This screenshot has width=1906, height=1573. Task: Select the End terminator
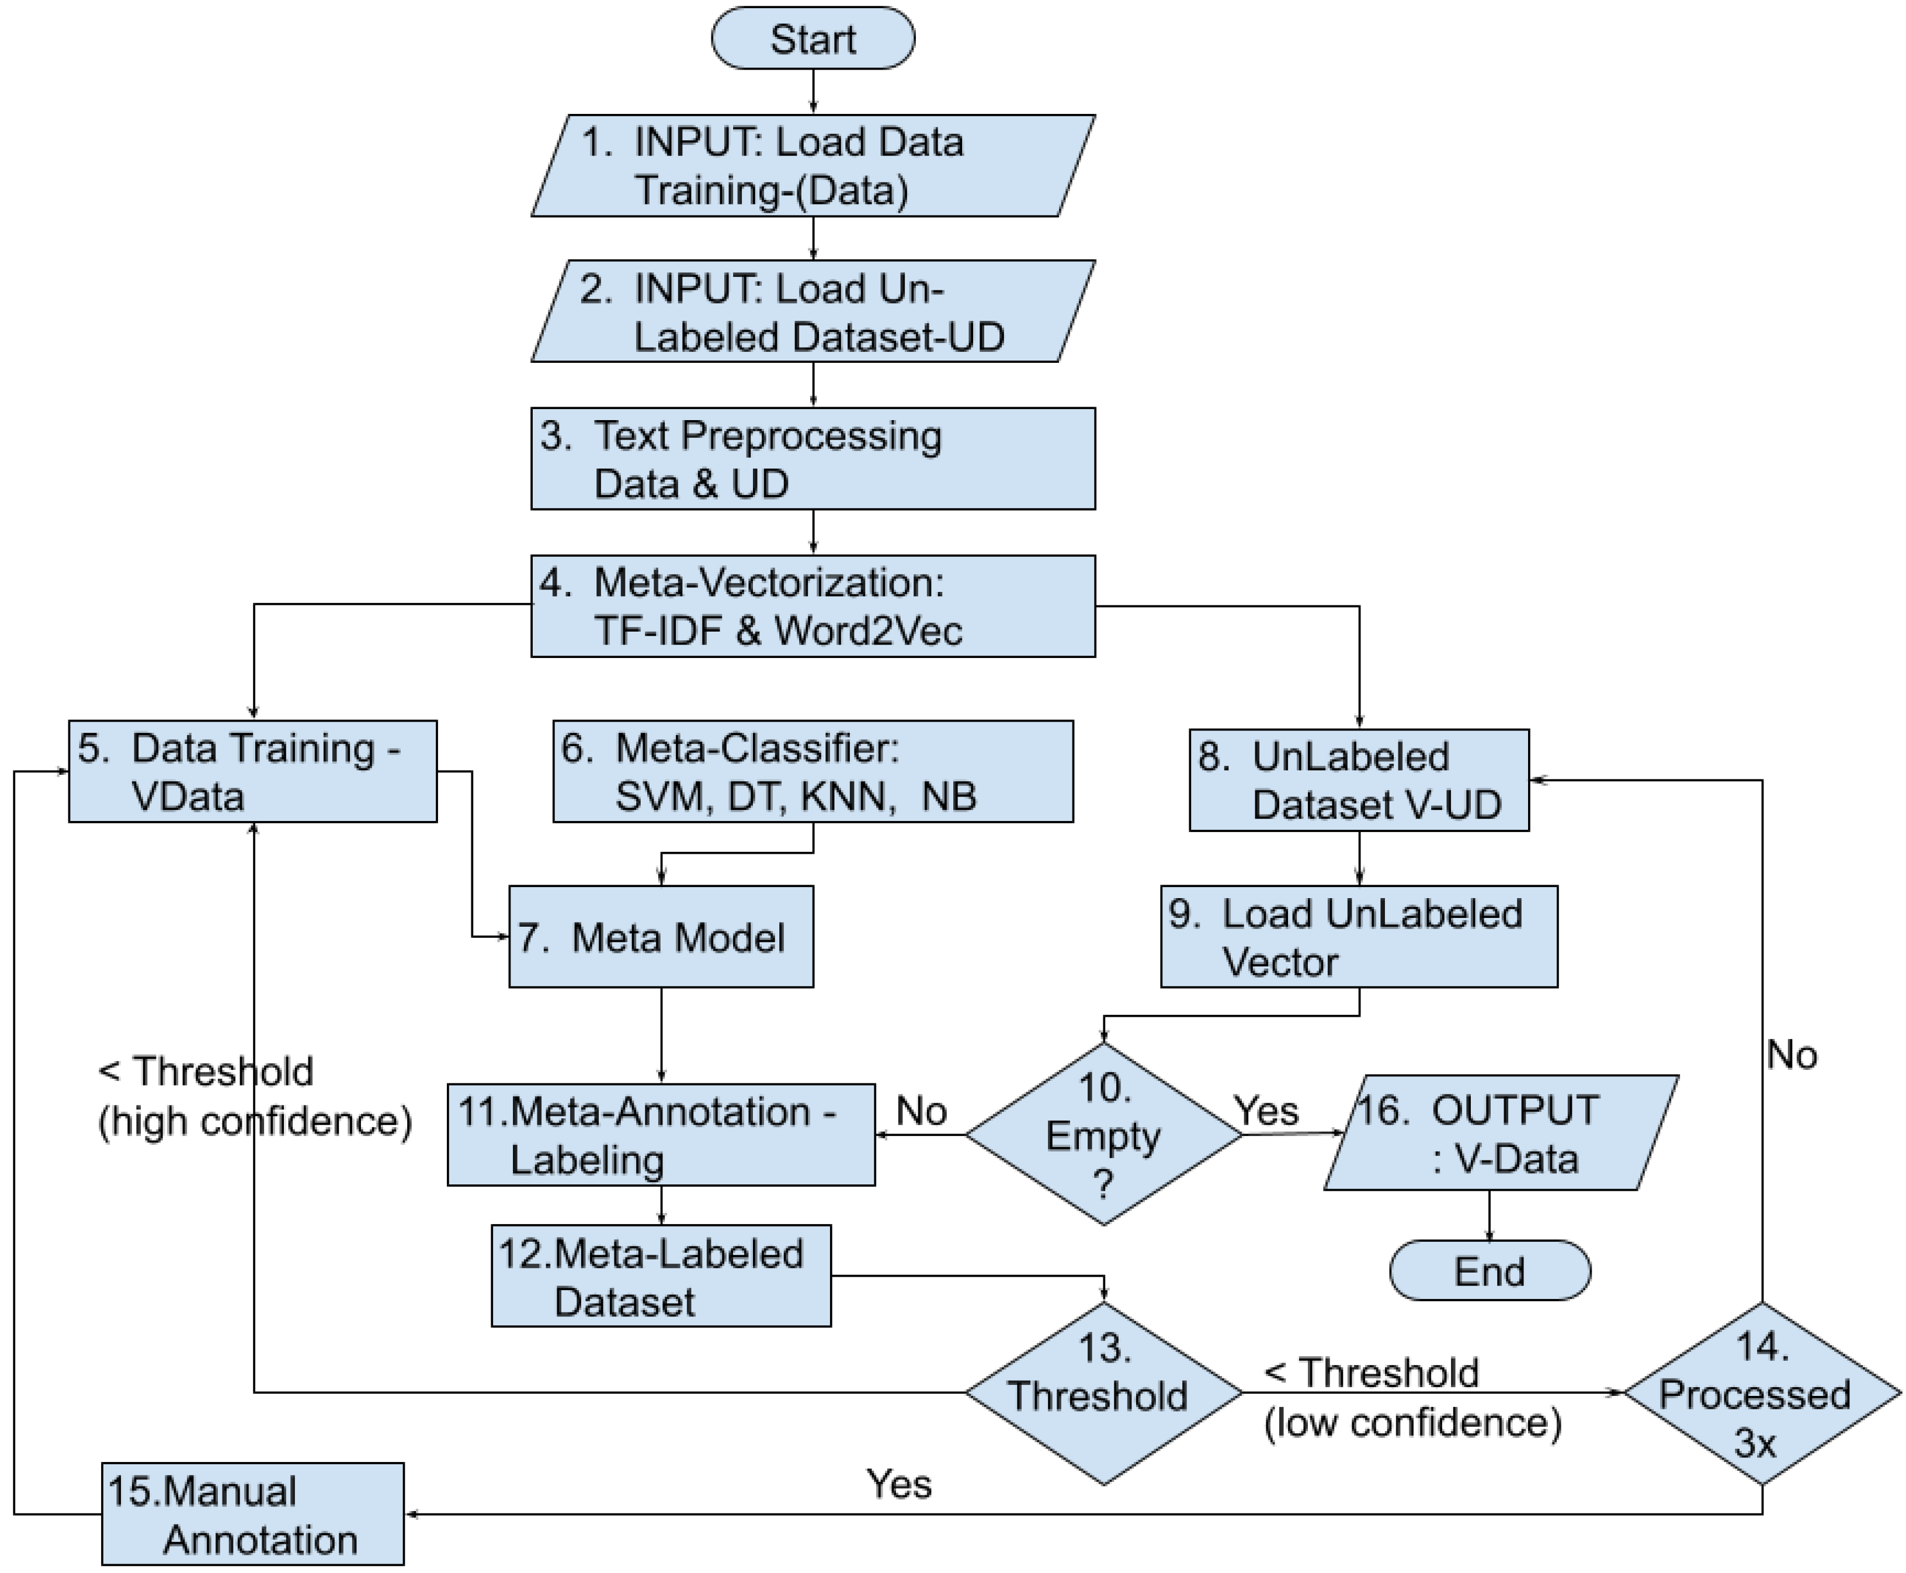pyautogui.click(x=1490, y=1271)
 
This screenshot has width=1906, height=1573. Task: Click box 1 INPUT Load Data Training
pyautogui.click(x=813, y=166)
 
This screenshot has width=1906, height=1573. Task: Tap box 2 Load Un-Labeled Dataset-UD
pyautogui.click(x=813, y=311)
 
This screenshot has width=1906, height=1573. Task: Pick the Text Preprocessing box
pyautogui.click(x=813, y=459)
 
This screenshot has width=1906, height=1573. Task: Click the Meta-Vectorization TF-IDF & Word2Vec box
pyautogui.click(x=813, y=606)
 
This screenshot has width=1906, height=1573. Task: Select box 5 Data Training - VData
pyautogui.click(x=253, y=772)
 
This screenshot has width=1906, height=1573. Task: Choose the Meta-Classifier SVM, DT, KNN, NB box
pyautogui.click(x=813, y=772)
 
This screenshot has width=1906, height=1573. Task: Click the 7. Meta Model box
pyautogui.click(x=661, y=937)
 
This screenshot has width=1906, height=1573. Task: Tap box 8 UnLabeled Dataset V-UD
pyautogui.click(x=1359, y=780)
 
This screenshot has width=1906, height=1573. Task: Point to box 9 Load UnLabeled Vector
pyautogui.click(x=1359, y=937)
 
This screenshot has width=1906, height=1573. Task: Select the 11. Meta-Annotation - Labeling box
pyautogui.click(x=661, y=1134)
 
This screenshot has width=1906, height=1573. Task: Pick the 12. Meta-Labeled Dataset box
pyautogui.click(x=661, y=1277)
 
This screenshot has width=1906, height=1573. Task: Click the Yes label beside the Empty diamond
pyautogui.click(x=1266, y=1111)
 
